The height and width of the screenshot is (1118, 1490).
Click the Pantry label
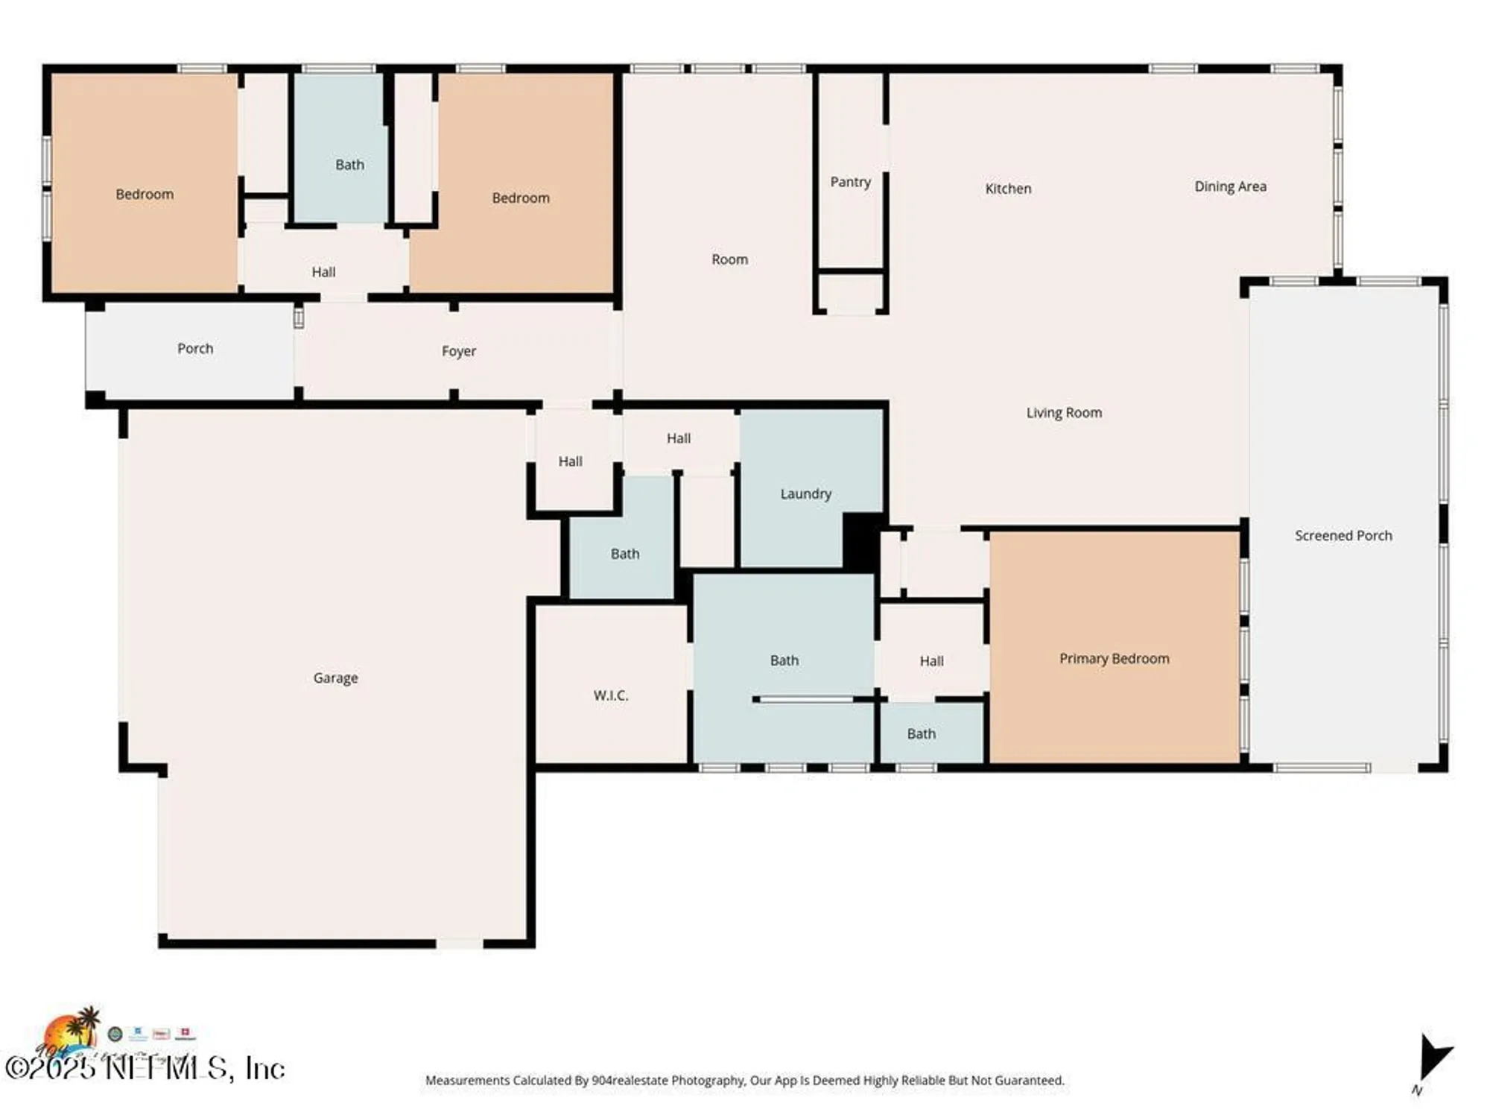(850, 182)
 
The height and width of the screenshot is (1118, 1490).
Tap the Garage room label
(335, 678)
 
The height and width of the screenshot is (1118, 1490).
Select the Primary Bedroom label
(1114, 658)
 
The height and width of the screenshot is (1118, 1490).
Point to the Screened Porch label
(1342, 535)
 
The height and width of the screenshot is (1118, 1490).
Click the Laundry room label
(805, 493)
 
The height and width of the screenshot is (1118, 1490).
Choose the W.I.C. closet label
(611, 695)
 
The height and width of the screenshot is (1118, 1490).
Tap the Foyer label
(458, 351)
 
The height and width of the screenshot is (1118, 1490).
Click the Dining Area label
(1230, 186)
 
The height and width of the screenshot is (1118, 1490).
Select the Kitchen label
(1008, 189)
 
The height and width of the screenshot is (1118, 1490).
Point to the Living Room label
(1063, 412)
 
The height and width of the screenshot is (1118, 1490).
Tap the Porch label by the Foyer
(195, 348)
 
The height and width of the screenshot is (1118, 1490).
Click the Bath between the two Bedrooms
(349, 165)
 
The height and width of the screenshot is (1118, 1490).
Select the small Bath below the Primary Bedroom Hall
(921, 733)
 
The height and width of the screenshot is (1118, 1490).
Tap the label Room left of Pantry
(729, 259)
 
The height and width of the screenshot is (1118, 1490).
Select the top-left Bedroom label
(145, 194)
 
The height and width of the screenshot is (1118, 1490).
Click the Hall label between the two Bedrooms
(323, 272)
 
